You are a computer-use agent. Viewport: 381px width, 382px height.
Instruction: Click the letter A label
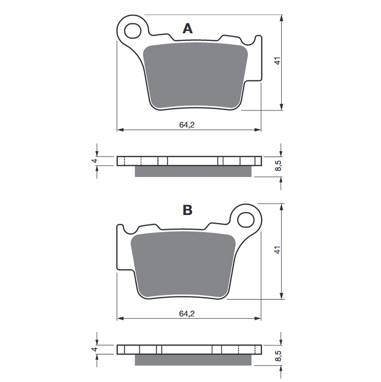pos(188,29)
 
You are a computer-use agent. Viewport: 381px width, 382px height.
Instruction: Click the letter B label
pos(187,210)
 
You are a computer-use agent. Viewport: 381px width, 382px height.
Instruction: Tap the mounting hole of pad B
pos(246,220)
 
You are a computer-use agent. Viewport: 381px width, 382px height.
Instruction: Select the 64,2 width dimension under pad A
pos(186,124)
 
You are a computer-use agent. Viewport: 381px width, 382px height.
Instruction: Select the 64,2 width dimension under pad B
pos(186,313)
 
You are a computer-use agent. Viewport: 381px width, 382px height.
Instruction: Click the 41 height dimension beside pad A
pos(277,62)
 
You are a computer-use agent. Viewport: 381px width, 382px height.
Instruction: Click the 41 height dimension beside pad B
pos(277,250)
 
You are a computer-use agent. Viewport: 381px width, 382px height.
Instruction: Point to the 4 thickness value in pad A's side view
pos(94,161)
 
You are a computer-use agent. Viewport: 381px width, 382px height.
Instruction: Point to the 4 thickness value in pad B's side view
pos(94,349)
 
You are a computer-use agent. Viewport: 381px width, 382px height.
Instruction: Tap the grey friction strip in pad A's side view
pos(193,171)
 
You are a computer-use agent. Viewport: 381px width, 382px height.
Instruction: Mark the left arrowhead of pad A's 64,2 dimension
pos(120,130)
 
